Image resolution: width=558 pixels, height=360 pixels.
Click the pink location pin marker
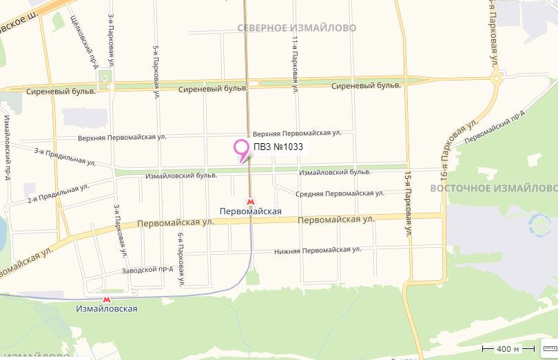241,147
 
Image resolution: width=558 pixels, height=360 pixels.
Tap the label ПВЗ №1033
278,147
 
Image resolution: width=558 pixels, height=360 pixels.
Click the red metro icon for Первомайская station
250,202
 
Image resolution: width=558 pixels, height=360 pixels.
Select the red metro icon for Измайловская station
106,299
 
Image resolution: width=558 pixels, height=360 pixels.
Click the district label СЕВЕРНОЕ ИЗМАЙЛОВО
296,28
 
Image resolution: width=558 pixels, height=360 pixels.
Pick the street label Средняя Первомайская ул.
340,193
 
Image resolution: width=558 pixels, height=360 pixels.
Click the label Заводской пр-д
147,269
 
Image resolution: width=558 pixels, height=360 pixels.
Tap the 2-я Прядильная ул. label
58,193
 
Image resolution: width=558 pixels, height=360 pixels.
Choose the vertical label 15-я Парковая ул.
409,205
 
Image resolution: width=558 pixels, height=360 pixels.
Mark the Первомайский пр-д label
495,127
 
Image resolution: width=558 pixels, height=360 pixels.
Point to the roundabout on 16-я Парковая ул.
496,80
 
